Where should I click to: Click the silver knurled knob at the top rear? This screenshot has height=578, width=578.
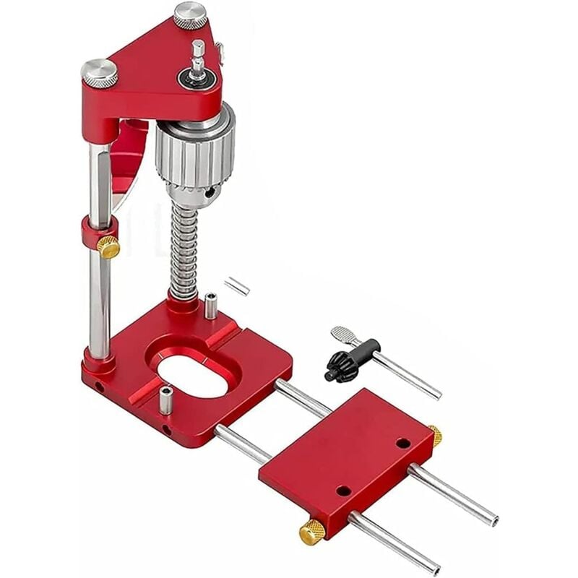[x=190, y=14]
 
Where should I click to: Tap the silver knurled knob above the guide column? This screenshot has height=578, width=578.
[x=99, y=72]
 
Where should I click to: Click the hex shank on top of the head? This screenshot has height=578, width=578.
[x=197, y=53]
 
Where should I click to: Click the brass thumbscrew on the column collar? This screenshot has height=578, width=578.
[x=108, y=247]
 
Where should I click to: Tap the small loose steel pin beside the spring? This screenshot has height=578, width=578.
[x=236, y=286]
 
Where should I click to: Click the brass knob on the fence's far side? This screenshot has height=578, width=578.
[x=435, y=435]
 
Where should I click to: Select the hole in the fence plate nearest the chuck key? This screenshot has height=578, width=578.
[x=402, y=443]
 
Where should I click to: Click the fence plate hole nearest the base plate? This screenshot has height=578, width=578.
[x=344, y=491]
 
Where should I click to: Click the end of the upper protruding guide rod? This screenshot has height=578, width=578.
[x=492, y=519]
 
